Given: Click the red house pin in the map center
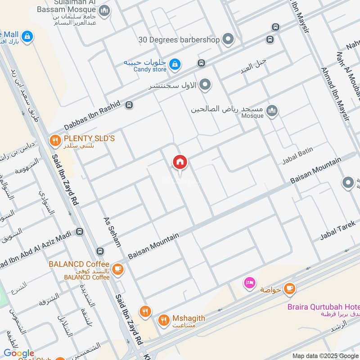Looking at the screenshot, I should (x=180, y=162).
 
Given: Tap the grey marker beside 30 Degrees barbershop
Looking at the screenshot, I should (x=229, y=40).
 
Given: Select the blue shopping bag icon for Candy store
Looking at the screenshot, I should (x=174, y=65).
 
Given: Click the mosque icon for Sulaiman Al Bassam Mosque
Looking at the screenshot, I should (x=104, y=10).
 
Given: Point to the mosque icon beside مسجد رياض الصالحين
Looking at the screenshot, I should (x=271, y=110).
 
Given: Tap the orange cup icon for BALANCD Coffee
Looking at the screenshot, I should (x=118, y=269).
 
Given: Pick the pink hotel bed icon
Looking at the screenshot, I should (x=249, y=283).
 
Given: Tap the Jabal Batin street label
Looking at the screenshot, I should (x=297, y=155).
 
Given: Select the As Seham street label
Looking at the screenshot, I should (x=112, y=232).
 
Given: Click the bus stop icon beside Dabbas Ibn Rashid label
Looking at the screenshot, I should (x=129, y=105).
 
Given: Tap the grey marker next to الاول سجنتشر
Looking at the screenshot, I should (x=205, y=85).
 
